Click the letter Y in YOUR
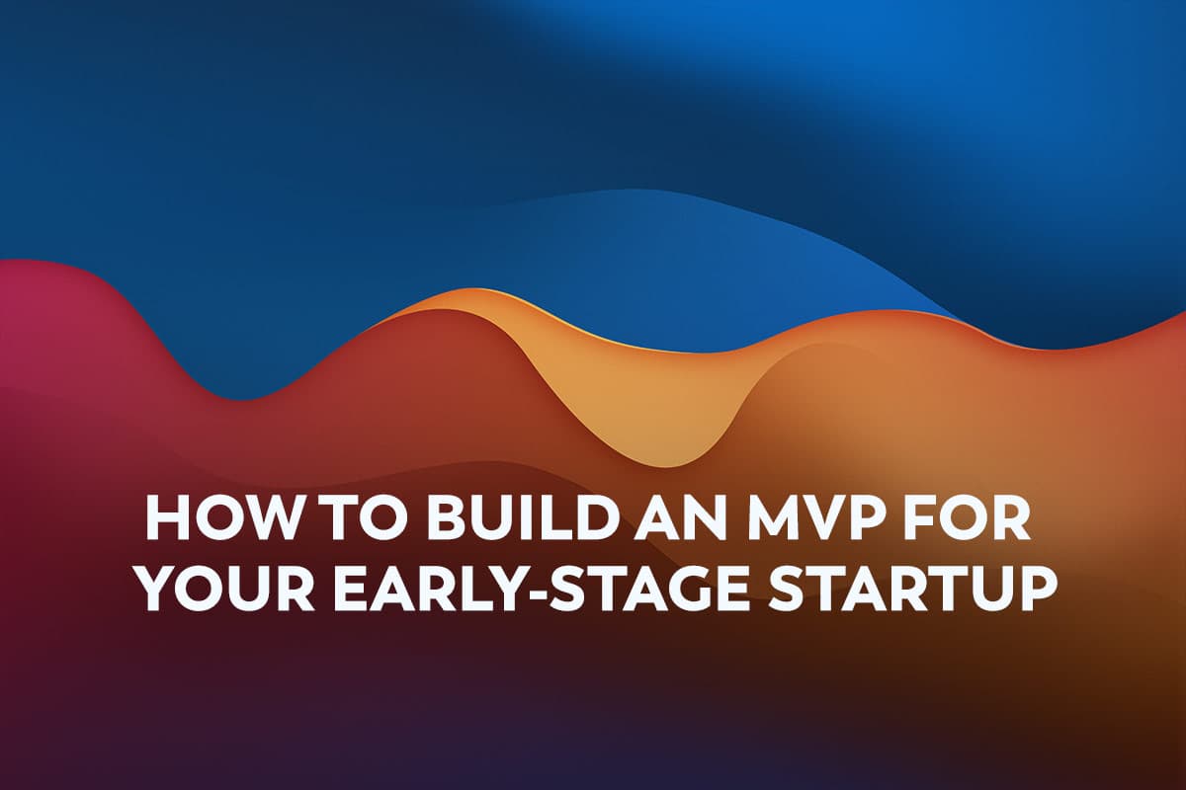pyautogui.click(x=165, y=589)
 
